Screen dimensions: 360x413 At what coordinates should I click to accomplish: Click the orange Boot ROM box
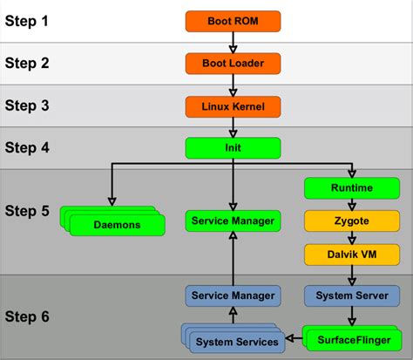tap(232, 19)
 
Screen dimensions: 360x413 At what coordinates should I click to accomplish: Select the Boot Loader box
tap(232, 63)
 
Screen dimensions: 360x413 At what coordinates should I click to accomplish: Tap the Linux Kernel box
tap(232, 106)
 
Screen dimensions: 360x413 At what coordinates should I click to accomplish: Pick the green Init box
tap(232, 148)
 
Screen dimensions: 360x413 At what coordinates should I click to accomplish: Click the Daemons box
tap(116, 225)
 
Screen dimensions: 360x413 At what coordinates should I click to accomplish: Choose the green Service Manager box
tap(232, 221)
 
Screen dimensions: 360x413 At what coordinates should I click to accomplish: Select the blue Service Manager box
tap(232, 295)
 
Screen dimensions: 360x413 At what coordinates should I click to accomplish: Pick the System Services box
tap(237, 340)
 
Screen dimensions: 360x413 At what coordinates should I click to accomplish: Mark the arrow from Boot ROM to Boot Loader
tap(232, 41)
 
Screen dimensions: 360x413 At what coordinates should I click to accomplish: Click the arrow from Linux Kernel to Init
tap(232, 127)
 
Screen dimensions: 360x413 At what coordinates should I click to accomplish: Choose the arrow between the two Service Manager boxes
tap(232, 258)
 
